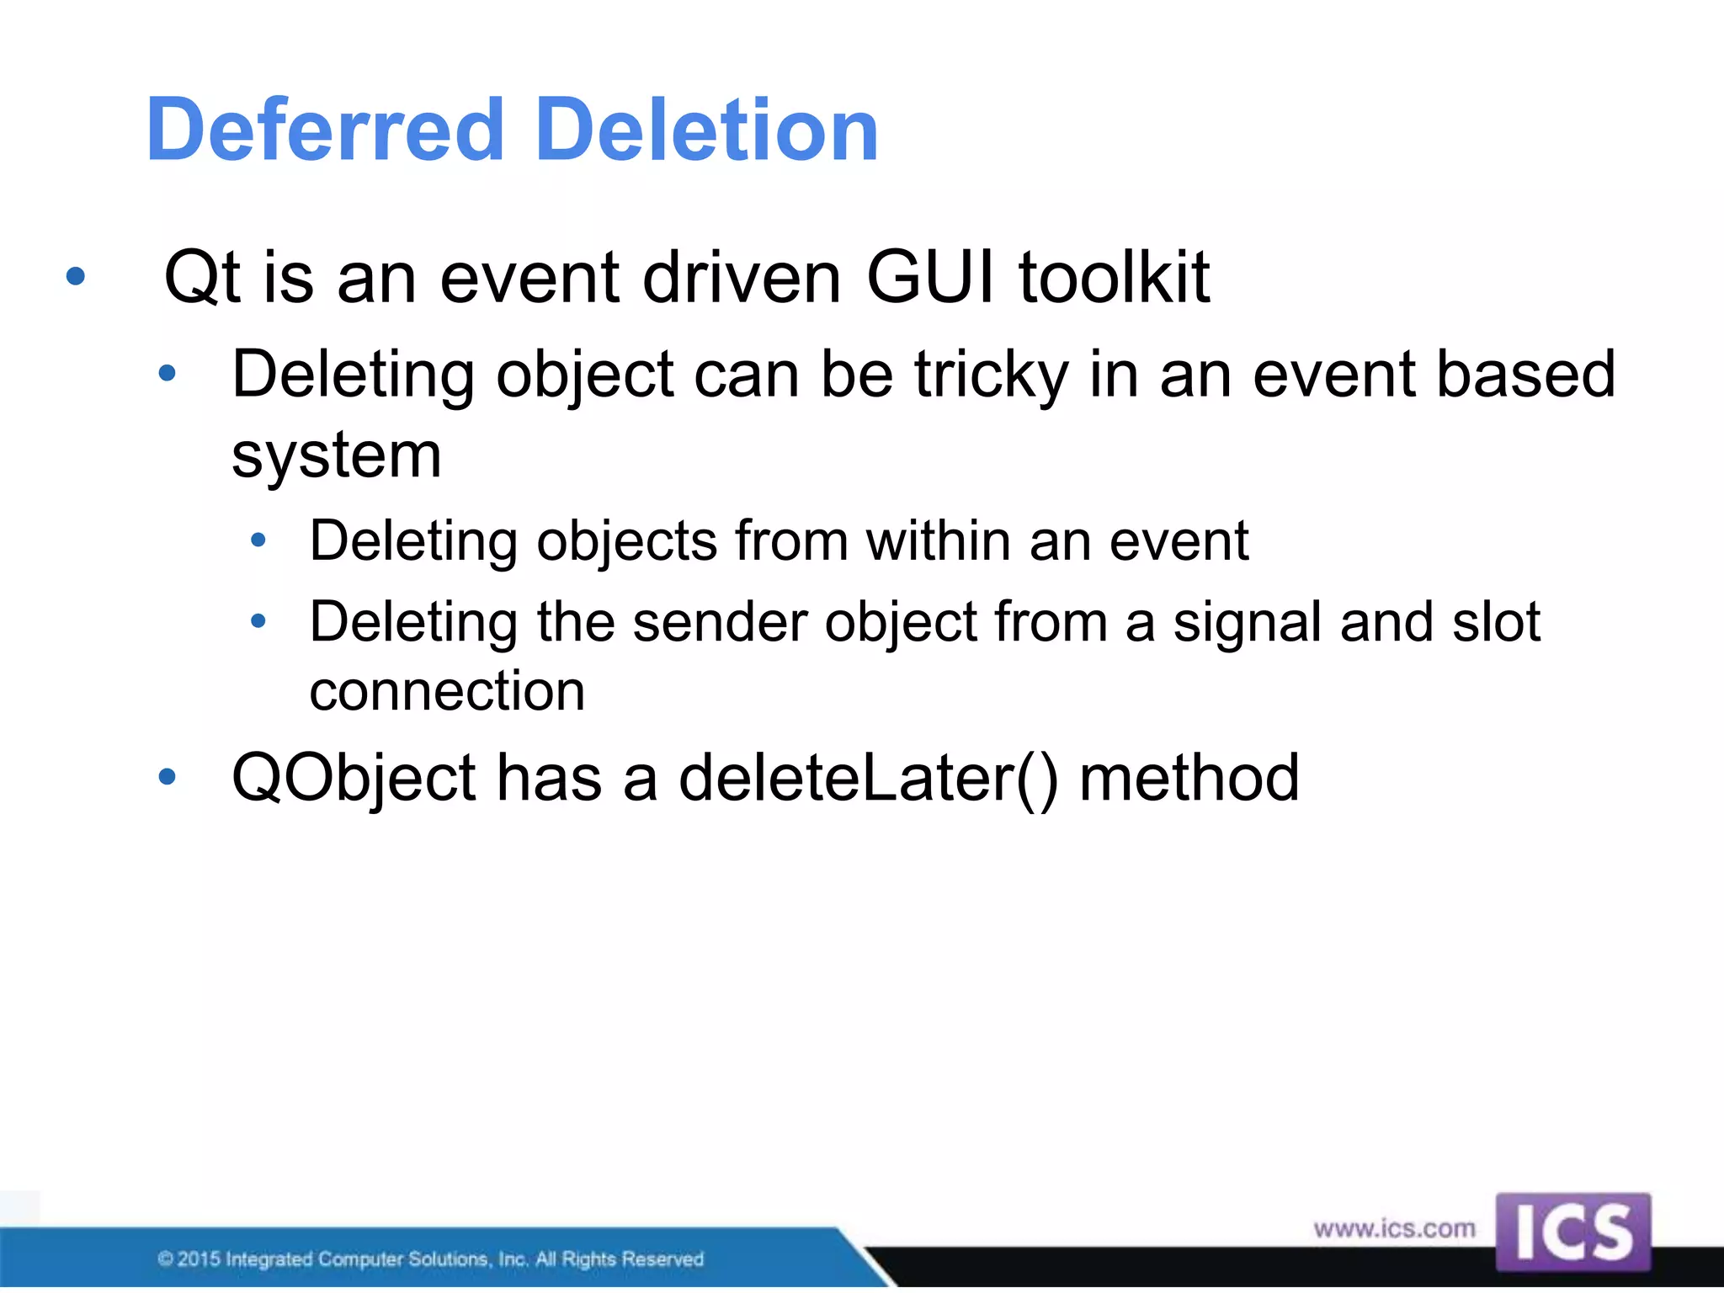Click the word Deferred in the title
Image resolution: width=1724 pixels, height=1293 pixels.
[x=324, y=130]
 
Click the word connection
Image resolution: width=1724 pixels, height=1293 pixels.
[x=447, y=691]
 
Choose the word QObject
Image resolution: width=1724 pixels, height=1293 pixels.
[x=354, y=779]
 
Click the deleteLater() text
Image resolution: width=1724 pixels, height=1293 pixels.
[x=868, y=778]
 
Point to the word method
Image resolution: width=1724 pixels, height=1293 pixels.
[x=1189, y=778]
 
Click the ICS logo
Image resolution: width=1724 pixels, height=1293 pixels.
[x=1572, y=1231]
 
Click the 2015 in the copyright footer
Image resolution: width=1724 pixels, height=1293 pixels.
[x=199, y=1259]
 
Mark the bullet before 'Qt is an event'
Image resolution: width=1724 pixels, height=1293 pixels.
[x=76, y=276]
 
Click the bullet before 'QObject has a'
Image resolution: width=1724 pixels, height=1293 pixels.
[x=168, y=777]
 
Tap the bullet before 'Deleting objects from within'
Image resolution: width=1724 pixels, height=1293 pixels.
[x=258, y=540]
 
